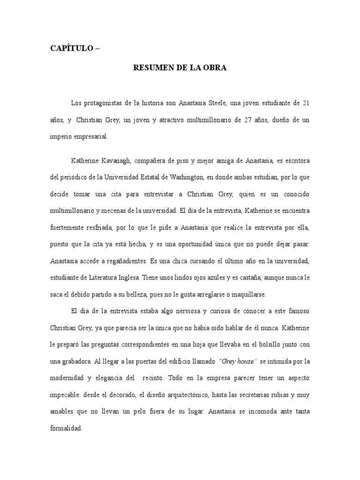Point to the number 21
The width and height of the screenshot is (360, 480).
(306, 103)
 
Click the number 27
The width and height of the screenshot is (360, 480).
(249, 120)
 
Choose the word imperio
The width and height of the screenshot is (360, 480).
(61, 137)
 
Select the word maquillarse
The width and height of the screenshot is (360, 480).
(247, 294)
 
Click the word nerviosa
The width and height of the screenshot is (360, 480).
(193, 311)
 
